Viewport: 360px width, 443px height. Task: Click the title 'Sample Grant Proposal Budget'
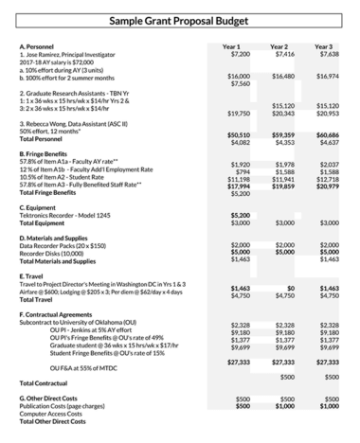pos(180,20)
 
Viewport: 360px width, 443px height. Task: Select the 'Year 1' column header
pos(231,46)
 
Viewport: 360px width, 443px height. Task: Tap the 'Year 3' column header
pos(324,46)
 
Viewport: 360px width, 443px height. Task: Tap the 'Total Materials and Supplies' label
pos(63,260)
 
